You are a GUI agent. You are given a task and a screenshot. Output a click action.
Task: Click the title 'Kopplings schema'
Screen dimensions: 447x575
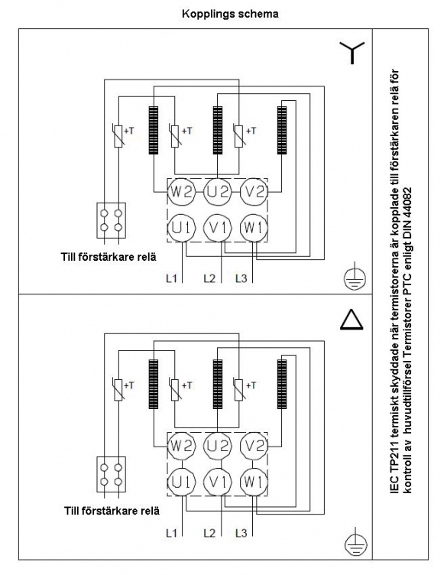[230, 14]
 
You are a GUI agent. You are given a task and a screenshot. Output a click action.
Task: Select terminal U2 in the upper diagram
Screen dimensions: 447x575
[218, 192]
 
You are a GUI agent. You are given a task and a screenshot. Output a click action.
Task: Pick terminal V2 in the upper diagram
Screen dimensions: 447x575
[254, 192]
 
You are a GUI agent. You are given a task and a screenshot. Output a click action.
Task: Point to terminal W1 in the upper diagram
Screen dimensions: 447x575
[254, 228]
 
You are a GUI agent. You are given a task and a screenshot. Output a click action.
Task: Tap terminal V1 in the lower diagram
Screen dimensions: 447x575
[218, 482]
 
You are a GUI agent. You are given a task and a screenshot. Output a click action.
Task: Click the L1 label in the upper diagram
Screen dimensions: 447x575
[171, 278]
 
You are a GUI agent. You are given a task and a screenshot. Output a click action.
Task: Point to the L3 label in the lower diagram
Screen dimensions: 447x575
[241, 533]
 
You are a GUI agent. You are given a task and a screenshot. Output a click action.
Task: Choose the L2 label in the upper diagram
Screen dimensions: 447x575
[209, 278]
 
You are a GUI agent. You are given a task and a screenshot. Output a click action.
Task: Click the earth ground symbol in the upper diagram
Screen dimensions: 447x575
[355, 278]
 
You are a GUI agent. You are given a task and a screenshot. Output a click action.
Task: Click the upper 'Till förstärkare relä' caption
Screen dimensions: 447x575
[109, 257]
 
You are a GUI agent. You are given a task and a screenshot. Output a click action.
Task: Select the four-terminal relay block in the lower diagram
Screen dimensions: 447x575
[111, 475]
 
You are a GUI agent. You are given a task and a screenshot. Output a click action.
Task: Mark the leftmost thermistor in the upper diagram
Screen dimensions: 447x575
[118, 136]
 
